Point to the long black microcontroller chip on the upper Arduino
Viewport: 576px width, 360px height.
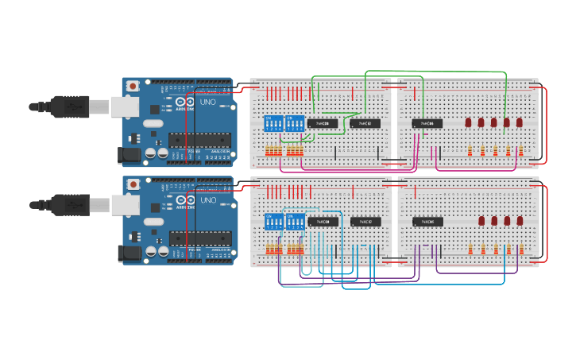[x=199, y=139]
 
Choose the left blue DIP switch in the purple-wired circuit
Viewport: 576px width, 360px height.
[x=273, y=222]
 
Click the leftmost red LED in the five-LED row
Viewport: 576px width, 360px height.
[x=469, y=123]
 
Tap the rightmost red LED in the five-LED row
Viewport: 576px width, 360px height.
[x=520, y=123]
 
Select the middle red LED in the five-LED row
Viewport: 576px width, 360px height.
[x=494, y=123]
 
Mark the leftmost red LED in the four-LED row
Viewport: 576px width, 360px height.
[x=481, y=221]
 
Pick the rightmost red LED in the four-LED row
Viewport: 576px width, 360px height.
[x=520, y=221]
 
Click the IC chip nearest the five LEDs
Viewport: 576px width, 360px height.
[x=427, y=123]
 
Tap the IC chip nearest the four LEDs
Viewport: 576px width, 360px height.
[x=427, y=222]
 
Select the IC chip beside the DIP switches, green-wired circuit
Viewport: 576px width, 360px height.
[x=323, y=123]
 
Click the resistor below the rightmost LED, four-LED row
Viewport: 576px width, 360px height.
[x=520, y=249]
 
